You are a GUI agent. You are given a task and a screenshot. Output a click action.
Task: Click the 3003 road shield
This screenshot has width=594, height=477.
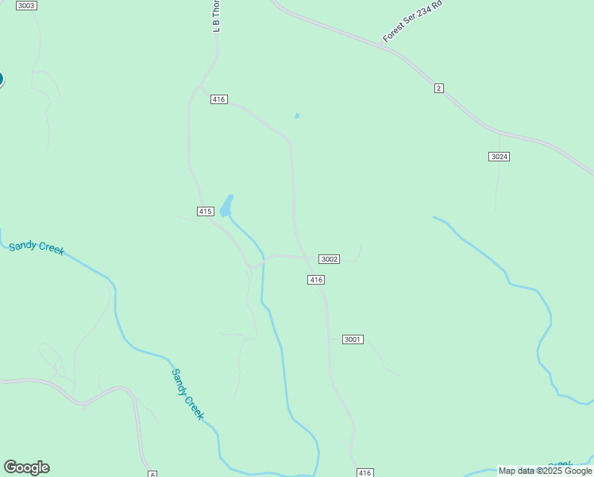pyautogui.click(x=26, y=6)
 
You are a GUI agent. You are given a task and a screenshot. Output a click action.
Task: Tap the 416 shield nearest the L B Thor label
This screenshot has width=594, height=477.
pyautogui.click(x=219, y=99)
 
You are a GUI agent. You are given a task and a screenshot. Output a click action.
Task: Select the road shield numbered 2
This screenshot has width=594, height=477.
pyautogui.click(x=438, y=87)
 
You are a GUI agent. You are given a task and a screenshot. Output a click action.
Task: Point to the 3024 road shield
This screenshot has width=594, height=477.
pyautogui.click(x=499, y=157)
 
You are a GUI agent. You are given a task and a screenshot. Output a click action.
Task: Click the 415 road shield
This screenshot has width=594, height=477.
pyautogui.click(x=206, y=211)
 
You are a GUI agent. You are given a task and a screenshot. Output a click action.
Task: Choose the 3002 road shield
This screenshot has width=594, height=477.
pyautogui.click(x=330, y=259)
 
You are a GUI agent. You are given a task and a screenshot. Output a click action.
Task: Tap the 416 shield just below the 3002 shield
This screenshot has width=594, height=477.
pyautogui.click(x=316, y=280)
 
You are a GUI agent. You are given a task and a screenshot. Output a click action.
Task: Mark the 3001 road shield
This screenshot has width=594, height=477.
pyautogui.click(x=353, y=339)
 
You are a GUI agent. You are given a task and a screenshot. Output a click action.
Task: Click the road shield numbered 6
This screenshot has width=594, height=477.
pyautogui.click(x=152, y=474)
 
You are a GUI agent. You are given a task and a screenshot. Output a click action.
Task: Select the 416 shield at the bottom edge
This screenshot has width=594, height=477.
pyautogui.click(x=364, y=473)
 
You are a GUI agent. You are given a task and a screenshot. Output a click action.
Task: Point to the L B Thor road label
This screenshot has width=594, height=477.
pyautogui.click(x=216, y=16)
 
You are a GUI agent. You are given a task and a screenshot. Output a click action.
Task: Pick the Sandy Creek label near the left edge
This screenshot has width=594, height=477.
pyautogui.click(x=37, y=248)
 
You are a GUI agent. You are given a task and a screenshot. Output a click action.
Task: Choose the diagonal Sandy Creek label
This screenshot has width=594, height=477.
pyautogui.click(x=188, y=394)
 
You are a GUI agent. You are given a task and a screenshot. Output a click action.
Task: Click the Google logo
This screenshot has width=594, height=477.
pyautogui.click(x=26, y=467)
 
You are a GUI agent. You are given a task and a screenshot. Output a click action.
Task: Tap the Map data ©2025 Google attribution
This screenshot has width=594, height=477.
pyautogui.click(x=545, y=471)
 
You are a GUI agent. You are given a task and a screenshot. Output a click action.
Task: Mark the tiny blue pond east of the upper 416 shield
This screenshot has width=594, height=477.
pyautogui.click(x=297, y=116)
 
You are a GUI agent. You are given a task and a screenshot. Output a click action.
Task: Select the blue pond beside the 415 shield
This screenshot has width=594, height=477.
pyautogui.click(x=227, y=206)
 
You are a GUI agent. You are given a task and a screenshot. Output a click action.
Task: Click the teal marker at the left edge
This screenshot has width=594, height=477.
pyautogui.click(x=1, y=79)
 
